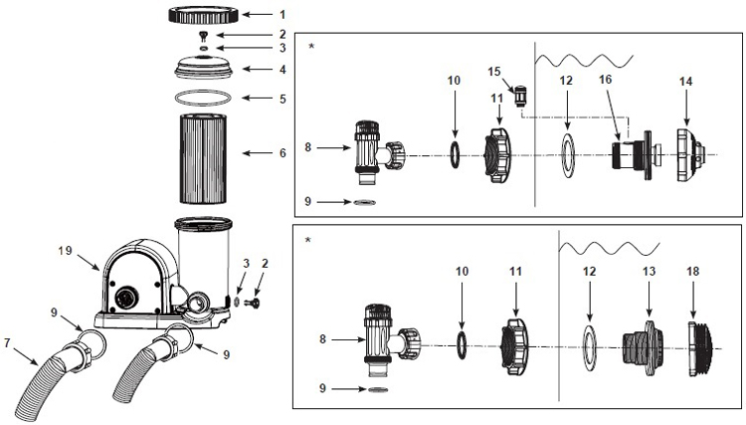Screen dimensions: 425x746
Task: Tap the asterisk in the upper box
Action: click(x=312, y=46)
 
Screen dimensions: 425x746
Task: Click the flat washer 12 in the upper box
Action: click(x=567, y=153)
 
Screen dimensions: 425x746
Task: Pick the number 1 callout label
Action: click(x=281, y=15)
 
